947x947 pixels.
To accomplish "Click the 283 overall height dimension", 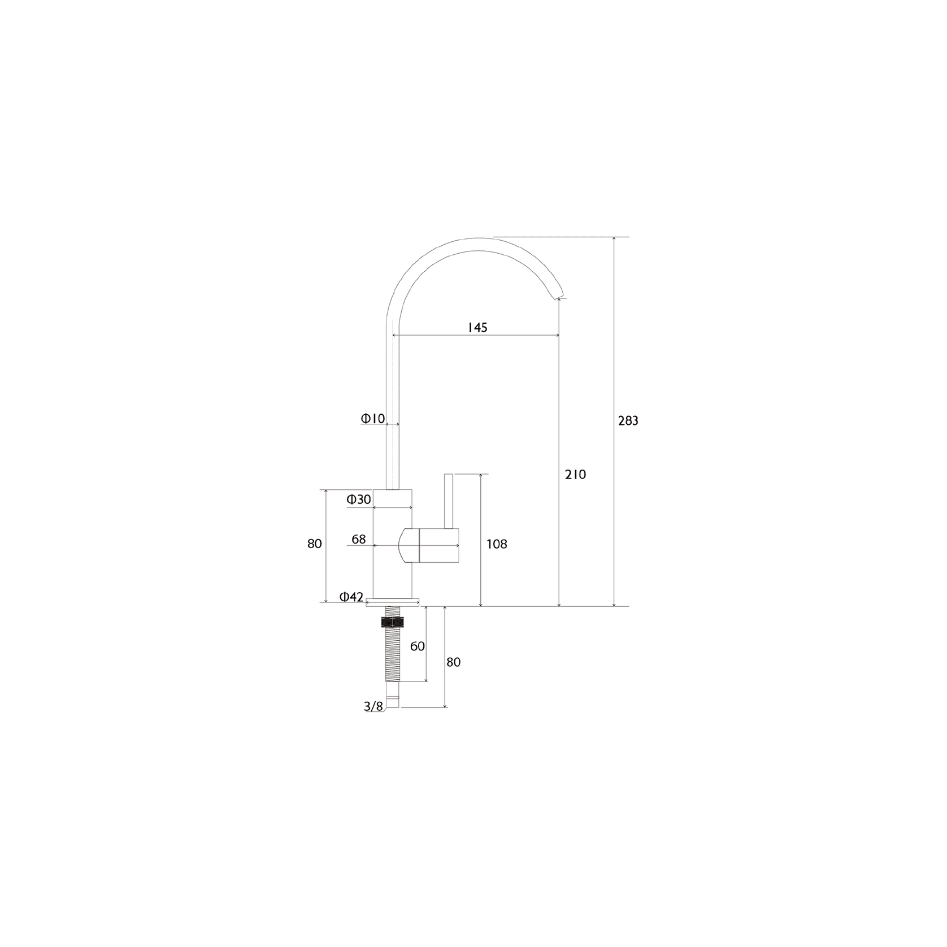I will point(628,421).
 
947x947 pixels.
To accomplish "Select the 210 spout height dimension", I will point(575,475).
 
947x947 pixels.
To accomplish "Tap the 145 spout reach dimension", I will point(477,328).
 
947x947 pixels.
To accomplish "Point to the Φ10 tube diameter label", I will point(373,419).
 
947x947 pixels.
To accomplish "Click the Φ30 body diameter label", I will point(359,499).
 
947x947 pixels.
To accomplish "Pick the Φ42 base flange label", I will point(351,597).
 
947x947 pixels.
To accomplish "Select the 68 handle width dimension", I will point(359,540).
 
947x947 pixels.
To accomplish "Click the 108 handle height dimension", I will point(497,544).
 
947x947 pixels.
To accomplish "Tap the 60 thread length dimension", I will point(417,646).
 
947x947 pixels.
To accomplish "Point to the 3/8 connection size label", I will point(373,706).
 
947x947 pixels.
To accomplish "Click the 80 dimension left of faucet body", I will point(315,544).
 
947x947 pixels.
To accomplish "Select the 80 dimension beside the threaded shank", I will point(453,662).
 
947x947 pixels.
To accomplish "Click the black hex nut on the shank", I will point(393,622).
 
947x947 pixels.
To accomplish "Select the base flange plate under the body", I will point(393,602).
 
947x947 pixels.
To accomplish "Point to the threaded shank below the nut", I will point(393,655).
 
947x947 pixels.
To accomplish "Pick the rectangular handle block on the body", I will point(438,545).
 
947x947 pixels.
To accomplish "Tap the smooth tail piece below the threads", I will point(393,696).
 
